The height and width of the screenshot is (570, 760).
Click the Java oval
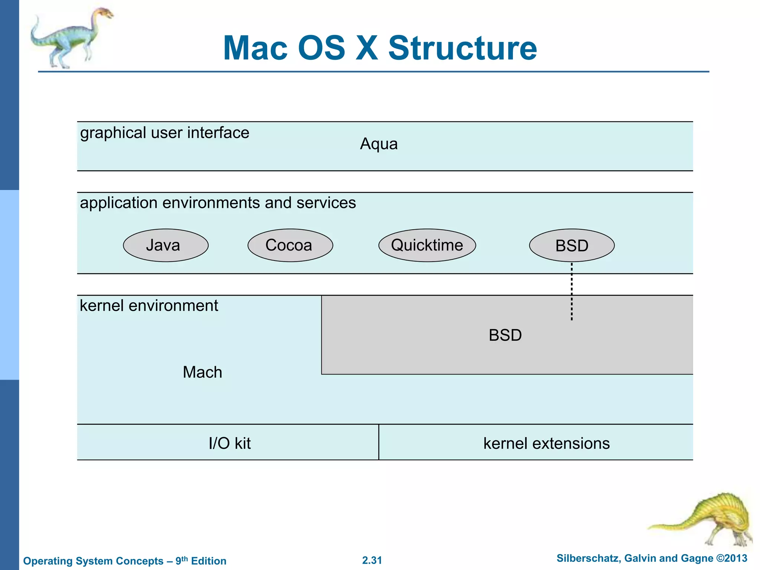(166, 245)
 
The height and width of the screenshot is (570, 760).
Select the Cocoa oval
(290, 245)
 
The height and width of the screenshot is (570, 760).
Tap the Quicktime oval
(427, 245)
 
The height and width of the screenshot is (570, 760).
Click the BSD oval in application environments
(571, 246)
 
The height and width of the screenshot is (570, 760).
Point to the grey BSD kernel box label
(505, 335)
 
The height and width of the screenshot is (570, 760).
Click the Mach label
(202, 372)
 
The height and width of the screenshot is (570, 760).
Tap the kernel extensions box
(546, 443)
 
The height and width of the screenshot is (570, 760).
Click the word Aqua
(379, 144)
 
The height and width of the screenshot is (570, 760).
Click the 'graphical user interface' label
(164, 133)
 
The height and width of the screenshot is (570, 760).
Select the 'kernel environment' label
(149, 306)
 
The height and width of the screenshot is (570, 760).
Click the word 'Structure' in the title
(462, 48)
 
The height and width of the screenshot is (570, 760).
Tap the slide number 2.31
(372, 560)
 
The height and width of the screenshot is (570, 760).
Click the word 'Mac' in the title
(255, 48)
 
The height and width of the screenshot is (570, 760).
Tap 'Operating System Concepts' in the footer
(93, 561)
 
